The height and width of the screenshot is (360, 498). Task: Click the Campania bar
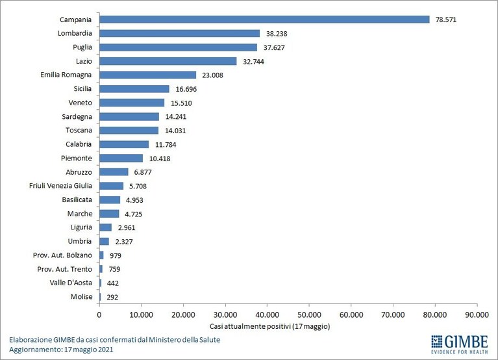click(x=264, y=19)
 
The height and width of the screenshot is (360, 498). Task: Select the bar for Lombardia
click(x=179, y=33)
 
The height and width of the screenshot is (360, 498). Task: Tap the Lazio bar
click(x=168, y=61)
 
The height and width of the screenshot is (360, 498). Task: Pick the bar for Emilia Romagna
click(x=147, y=75)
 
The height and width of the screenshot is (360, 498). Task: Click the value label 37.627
click(x=274, y=47)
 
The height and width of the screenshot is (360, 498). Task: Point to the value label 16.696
click(x=186, y=89)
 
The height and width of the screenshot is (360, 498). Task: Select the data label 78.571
click(x=446, y=19)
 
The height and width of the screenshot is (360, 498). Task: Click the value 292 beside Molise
click(x=112, y=297)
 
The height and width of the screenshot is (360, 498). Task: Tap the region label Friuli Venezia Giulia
click(x=60, y=186)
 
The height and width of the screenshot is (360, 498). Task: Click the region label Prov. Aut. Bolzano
click(x=62, y=255)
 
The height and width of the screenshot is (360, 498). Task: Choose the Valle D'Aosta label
click(x=71, y=283)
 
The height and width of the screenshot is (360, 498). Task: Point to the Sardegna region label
click(x=77, y=116)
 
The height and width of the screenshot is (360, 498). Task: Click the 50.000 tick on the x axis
click(x=309, y=315)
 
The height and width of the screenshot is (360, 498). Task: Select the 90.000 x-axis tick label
click(x=477, y=315)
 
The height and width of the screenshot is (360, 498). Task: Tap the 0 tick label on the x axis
click(x=99, y=315)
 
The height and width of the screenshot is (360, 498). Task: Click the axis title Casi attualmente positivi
click(x=250, y=326)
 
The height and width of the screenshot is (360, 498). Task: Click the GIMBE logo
click(x=460, y=344)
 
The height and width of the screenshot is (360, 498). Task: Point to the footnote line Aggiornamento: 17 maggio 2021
click(x=61, y=350)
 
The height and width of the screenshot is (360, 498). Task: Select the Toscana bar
click(x=129, y=130)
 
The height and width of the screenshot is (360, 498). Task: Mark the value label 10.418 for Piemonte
click(x=160, y=159)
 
